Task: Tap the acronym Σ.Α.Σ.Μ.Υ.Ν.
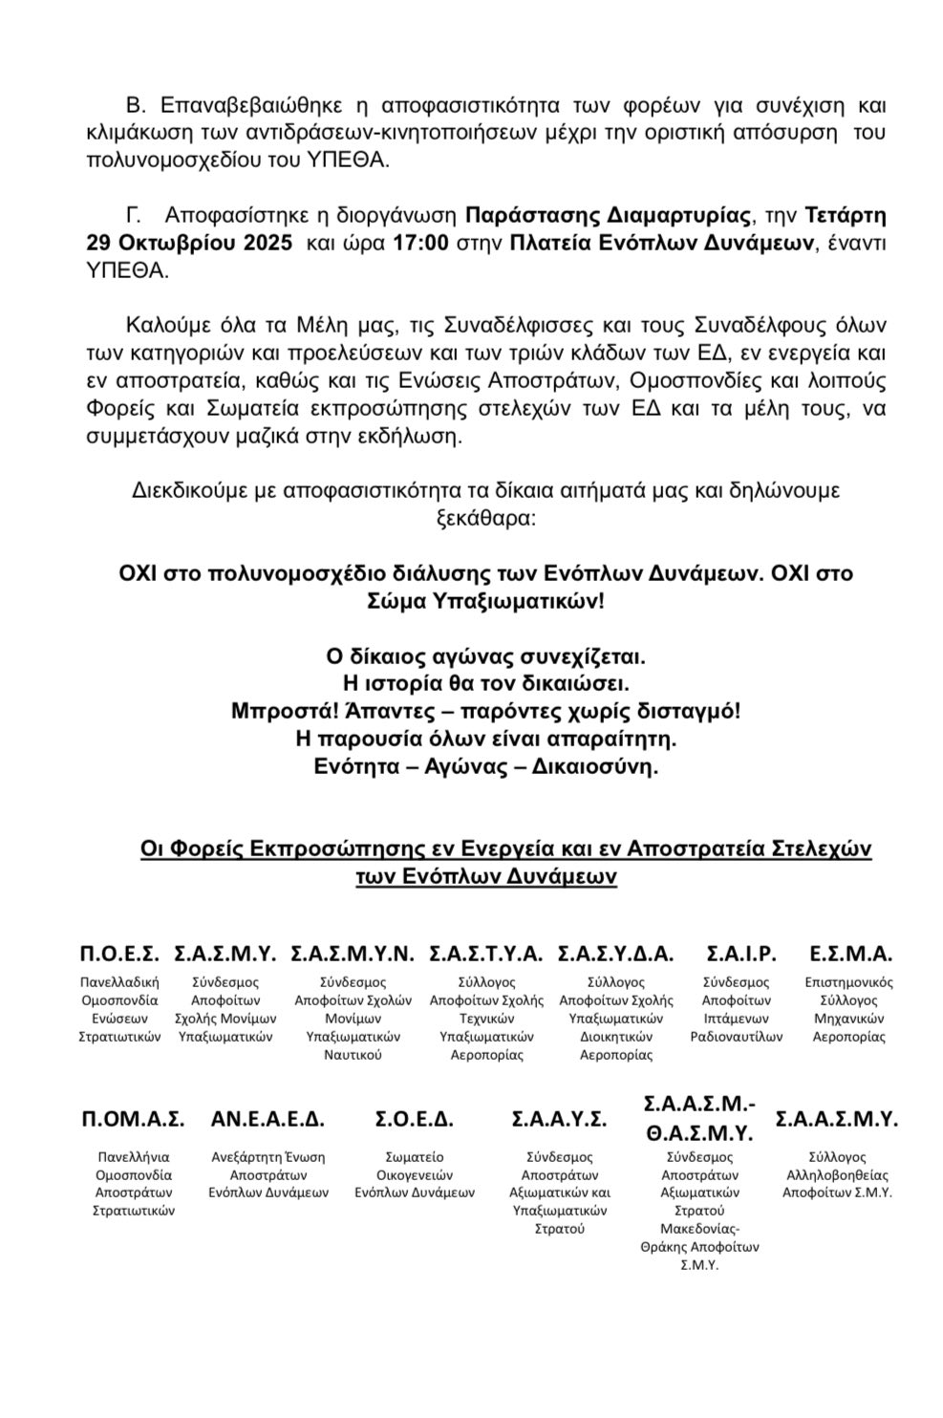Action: [x=352, y=953]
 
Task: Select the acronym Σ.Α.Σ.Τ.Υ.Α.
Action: [x=485, y=953]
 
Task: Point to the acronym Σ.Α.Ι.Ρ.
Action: [x=740, y=953]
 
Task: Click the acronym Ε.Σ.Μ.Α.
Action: [x=850, y=953]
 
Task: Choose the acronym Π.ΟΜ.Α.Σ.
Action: [x=133, y=1119]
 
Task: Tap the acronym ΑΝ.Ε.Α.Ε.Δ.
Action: [x=268, y=1119]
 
